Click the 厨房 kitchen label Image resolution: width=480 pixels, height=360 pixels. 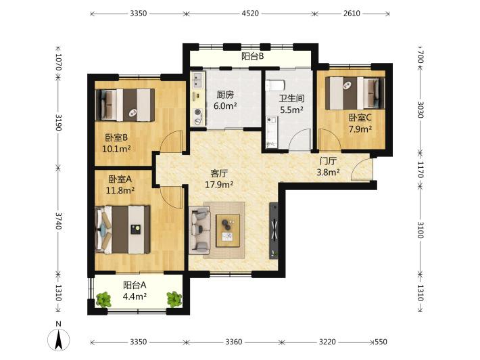[x=225, y=95]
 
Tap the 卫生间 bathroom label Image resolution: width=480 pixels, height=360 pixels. [x=292, y=98]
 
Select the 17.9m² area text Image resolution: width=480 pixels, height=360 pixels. [x=219, y=185]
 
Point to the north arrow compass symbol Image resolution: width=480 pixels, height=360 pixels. [x=58, y=340]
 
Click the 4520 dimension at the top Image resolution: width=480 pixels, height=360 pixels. [x=250, y=14]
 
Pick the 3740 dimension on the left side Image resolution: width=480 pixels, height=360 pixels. [x=58, y=221]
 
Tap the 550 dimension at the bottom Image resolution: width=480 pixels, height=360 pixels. [x=381, y=342]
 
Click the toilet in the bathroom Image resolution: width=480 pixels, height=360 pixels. [x=275, y=85]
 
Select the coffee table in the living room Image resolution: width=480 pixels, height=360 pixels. [x=228, y=230]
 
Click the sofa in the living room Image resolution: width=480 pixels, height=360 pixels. [x=199, y=230]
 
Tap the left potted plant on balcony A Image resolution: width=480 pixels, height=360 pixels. [x=103, y=299]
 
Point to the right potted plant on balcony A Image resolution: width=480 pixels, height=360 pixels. [x=174, y=299]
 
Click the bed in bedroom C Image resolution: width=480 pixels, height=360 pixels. [x=354, y=93]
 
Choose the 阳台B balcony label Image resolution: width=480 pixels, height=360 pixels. [x=253, y=56]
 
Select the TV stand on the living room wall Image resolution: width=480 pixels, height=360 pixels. [x=274, y=231]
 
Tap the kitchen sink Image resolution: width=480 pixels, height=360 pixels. [x=196, y=80]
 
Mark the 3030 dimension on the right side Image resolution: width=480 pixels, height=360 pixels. [x=420, y=110]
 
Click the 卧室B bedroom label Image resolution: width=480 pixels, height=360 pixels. [x=116, y=137]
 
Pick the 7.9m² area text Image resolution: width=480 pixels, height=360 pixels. [x=360, y=129]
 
